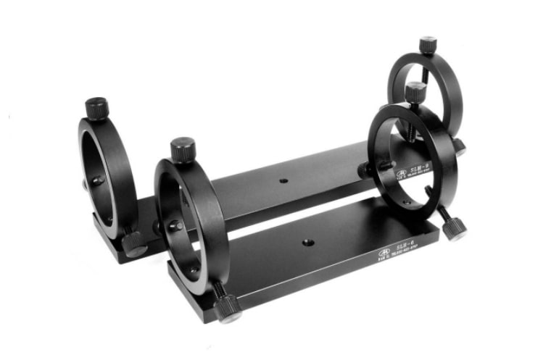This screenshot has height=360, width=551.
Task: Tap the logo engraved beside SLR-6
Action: [x=382, y=253]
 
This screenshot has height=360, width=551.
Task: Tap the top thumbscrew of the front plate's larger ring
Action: [x=182, y=149]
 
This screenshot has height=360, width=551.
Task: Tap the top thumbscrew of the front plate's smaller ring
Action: [x=415, y=91]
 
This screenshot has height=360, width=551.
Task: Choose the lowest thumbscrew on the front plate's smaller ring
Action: [x=454, y=227]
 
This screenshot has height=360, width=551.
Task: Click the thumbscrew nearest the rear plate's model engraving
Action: [x=367, y=169]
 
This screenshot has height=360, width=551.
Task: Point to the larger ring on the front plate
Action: [x=190, y=217]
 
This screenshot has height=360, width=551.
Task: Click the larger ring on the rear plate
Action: [x=107, y=174]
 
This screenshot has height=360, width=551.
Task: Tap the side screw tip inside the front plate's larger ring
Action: [x=175, y=226]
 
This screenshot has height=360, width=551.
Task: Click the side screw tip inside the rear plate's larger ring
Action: [x=98, y=179]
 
